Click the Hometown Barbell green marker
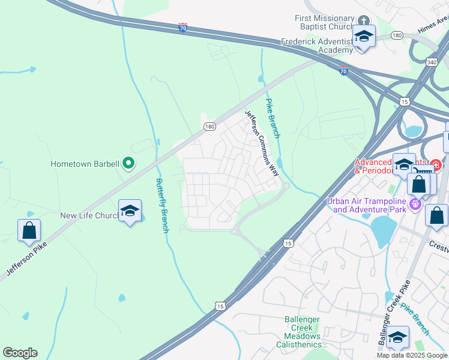point(128,163)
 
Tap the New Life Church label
point(88,215)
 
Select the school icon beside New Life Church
point(130,211)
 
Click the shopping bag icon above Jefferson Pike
point(29,230)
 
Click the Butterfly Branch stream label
point(161,205)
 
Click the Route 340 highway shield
point(432,61)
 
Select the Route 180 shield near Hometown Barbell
point(209,127)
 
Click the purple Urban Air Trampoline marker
point(415,205)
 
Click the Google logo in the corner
point(20,353)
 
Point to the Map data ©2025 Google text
point(412,355)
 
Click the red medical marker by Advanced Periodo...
point(436,164)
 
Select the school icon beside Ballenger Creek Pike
point(397,338)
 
